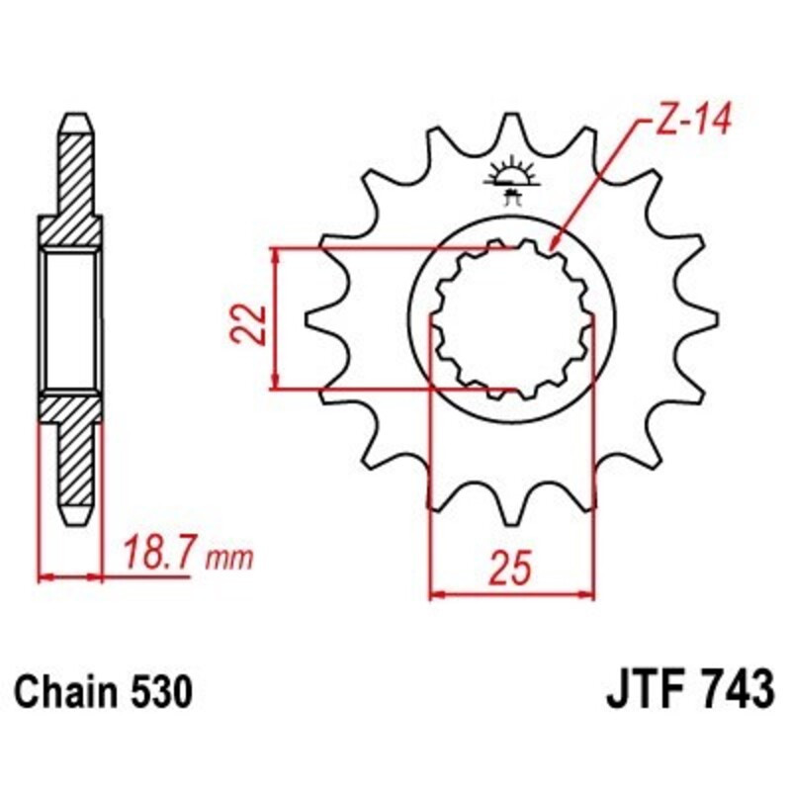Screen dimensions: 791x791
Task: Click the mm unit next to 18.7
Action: [229, 558]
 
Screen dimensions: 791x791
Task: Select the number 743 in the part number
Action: [732, 690]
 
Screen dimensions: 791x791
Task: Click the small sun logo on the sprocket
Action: [512, 176]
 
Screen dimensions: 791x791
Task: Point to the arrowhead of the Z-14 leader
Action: [554, 243]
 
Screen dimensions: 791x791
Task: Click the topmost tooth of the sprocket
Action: [512, 129]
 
